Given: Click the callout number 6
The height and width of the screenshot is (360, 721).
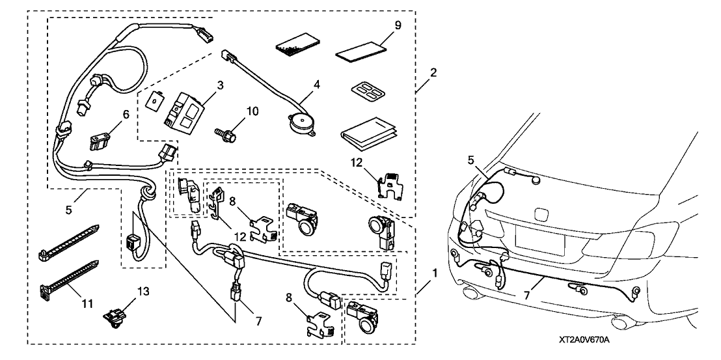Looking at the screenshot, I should pyautogui.click(x=126, y=113).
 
